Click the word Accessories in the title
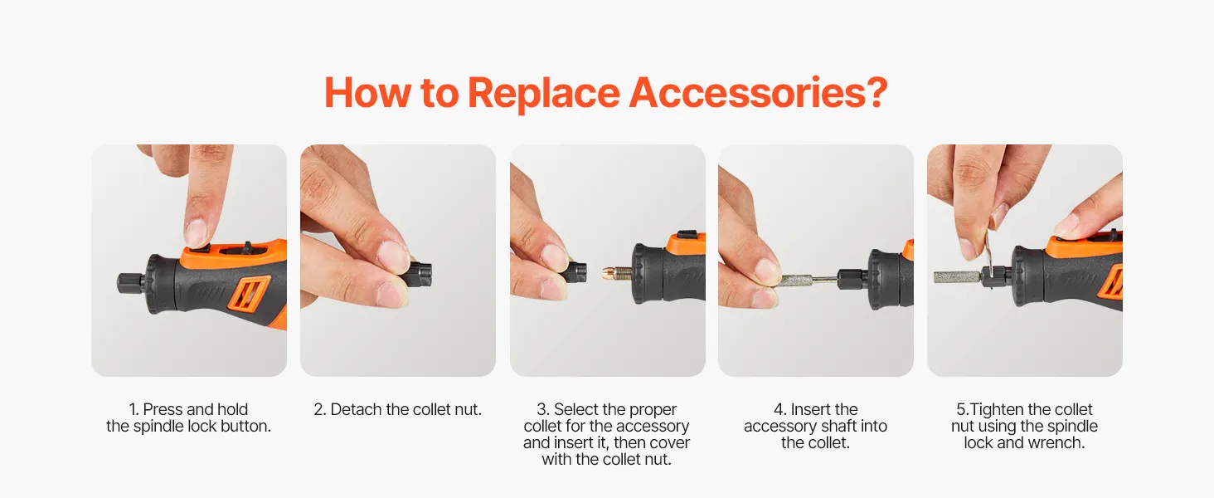(758, 93)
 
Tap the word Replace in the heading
(544, 94)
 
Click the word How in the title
(367, 93)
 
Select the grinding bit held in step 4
(797, 281)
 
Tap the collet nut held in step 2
(420, 275)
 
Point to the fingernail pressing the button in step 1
(196, 232)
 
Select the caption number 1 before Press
(134, 409)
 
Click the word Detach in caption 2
(356, 409)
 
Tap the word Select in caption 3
(575, 409)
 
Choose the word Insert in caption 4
(809, 409)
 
